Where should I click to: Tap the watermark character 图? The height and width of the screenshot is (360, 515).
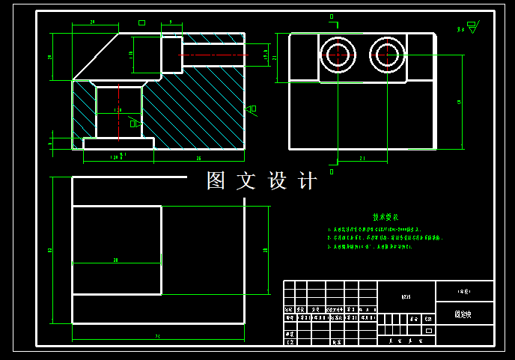point(216,181)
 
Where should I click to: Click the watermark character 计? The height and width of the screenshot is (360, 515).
point(308,181)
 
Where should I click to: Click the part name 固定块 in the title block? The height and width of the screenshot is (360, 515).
point(463,315)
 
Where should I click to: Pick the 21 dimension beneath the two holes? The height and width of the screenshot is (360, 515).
point(362,158)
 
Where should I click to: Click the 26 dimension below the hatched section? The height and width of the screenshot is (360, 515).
point(198,158)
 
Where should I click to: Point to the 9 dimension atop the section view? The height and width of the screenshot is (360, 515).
point(171,22)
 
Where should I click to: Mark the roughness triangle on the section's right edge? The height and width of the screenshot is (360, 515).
point(249,109)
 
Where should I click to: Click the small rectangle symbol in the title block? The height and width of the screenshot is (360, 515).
point(429,330)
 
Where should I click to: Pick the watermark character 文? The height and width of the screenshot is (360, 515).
point(246,181)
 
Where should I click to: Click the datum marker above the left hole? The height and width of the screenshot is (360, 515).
point(332,16)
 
